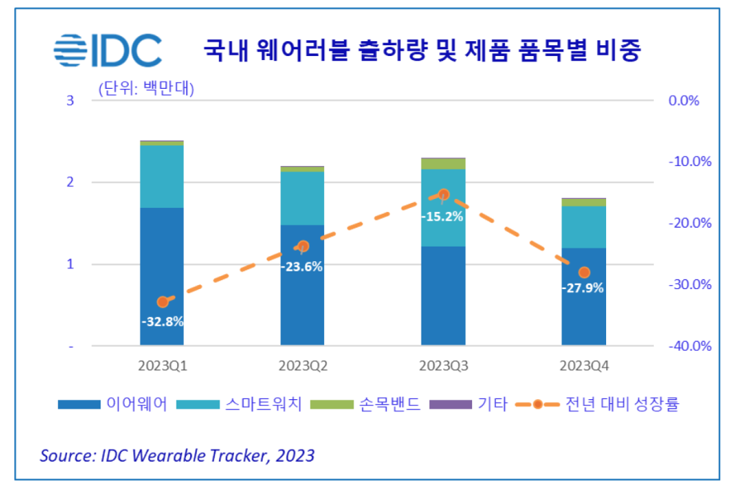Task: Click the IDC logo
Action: coord(107,51)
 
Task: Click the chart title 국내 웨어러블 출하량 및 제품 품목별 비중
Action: coord(422,51)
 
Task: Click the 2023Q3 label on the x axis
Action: coord(443,366)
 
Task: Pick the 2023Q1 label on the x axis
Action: coord(162,366)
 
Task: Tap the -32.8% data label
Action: coord(162,321)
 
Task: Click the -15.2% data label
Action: coord(443,217)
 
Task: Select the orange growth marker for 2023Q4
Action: coord(584,273)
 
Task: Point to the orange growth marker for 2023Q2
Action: coord(302,246)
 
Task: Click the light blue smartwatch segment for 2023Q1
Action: coord(162,176)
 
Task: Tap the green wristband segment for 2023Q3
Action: coord(443,164)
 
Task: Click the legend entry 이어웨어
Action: coord(113,404)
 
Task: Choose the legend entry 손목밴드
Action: coord(365,404)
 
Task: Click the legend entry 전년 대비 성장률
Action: coord(602,404)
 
